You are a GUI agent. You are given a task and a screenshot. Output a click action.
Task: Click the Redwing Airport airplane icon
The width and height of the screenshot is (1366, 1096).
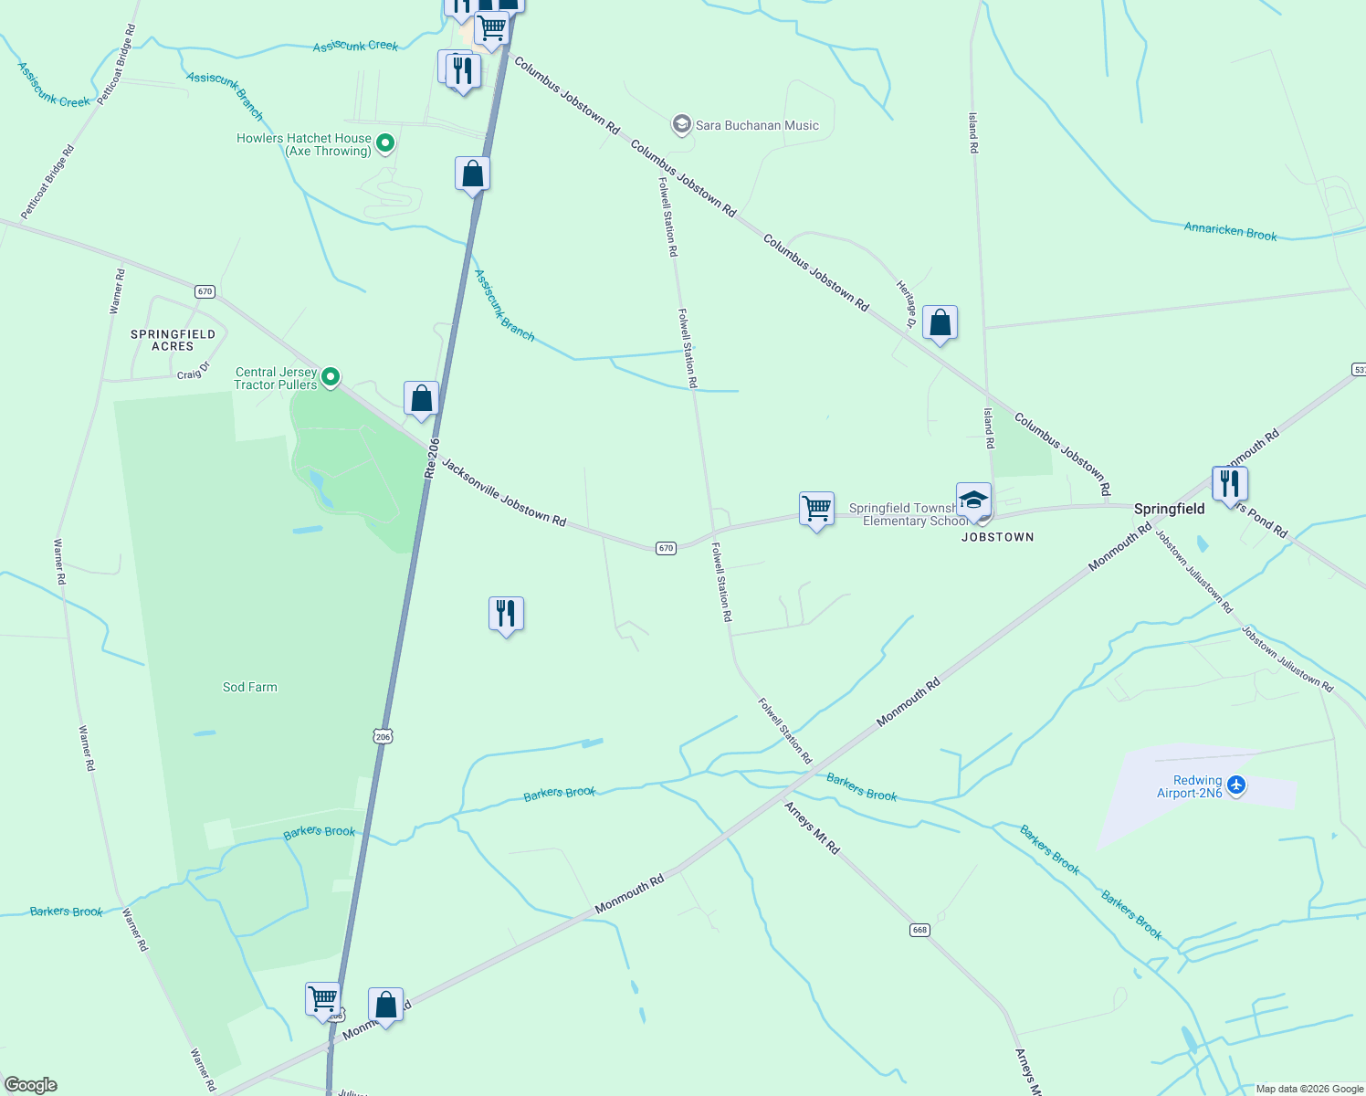pyautogui.click(x=1236, y=785)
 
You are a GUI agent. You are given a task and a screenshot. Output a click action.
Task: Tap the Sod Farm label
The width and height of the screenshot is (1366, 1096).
pyautogui.click(x=249, y=687)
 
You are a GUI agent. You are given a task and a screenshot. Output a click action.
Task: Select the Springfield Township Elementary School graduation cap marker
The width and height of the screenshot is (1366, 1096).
pyautogui.click(x=973, y=501)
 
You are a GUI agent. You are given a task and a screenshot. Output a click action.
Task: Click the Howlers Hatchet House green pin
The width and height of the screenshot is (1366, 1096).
pyautogui.click(x=385, y=142)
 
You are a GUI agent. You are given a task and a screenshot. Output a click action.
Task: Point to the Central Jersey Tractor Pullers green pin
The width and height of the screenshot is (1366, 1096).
pyautogui.click(x=331, y=376)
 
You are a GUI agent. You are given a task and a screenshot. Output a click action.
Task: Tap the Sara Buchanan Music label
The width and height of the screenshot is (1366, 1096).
pyautogui.click(x=757, y=125)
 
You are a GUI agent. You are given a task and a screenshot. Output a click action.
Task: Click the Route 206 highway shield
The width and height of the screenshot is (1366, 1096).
pyautogui.click(x=383, y=736)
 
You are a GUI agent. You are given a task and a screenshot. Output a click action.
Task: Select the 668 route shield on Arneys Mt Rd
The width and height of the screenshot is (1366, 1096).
pyautogui.click(x=919, y=930)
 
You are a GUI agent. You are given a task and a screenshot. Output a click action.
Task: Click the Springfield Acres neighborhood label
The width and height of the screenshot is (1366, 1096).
pyautogui.click(x=173, y=340)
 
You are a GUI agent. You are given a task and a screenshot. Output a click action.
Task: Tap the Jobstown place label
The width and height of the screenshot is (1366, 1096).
pyautogui.click(x=997, y=537)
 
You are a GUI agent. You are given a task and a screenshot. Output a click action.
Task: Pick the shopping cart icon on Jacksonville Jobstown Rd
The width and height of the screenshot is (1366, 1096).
pyautogui.click(x=816, y=508)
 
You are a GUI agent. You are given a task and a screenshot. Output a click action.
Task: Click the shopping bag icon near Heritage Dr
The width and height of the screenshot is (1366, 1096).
pyautogui.click(x=940, y=322)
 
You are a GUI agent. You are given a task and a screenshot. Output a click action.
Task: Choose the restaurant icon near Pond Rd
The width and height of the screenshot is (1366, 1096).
pyautogui.click(x=1230, y=483)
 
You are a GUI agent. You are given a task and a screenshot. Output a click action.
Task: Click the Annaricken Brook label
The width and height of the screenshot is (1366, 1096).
pyautogui.click(x=1230, y=231)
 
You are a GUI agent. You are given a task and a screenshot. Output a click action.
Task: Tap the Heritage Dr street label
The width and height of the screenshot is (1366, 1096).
pyautogui.click(x=907, y=303)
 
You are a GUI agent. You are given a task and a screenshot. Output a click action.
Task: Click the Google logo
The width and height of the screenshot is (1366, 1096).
pyautogui.click(x=31, y=1085)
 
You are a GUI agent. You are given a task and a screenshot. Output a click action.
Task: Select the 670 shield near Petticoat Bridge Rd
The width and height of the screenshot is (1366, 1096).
pyautogui.click(x=205, y=291)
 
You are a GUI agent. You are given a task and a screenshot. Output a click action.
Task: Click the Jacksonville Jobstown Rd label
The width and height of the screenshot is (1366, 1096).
pyautogui.click(x=504, y=492)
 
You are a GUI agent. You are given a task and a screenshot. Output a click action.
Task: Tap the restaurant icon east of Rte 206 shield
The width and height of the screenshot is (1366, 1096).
pyautogui.click(x=506, y=614)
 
